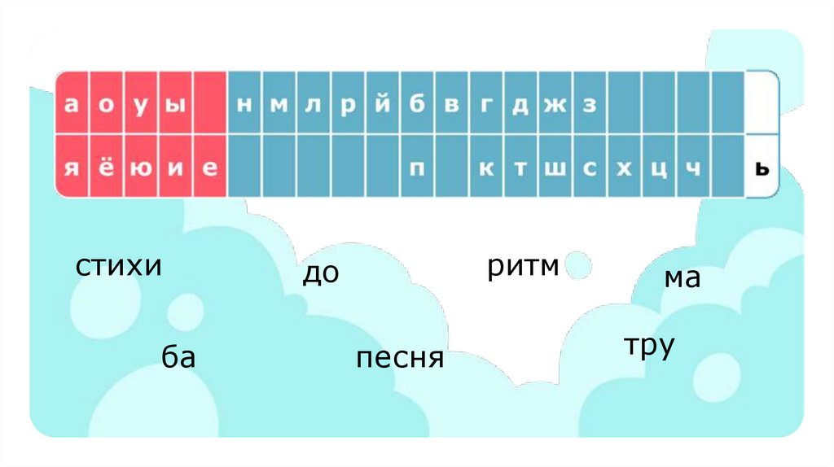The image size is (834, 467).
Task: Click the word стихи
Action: point(120,266)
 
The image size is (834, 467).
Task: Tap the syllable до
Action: point(320,273)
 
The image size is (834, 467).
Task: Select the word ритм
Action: point(524,266)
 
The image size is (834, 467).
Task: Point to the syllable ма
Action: point(683,278)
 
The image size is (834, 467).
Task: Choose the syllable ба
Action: point(178,356)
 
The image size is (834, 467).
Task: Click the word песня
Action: point(400,357)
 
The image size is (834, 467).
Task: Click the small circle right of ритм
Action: point(578,265)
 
